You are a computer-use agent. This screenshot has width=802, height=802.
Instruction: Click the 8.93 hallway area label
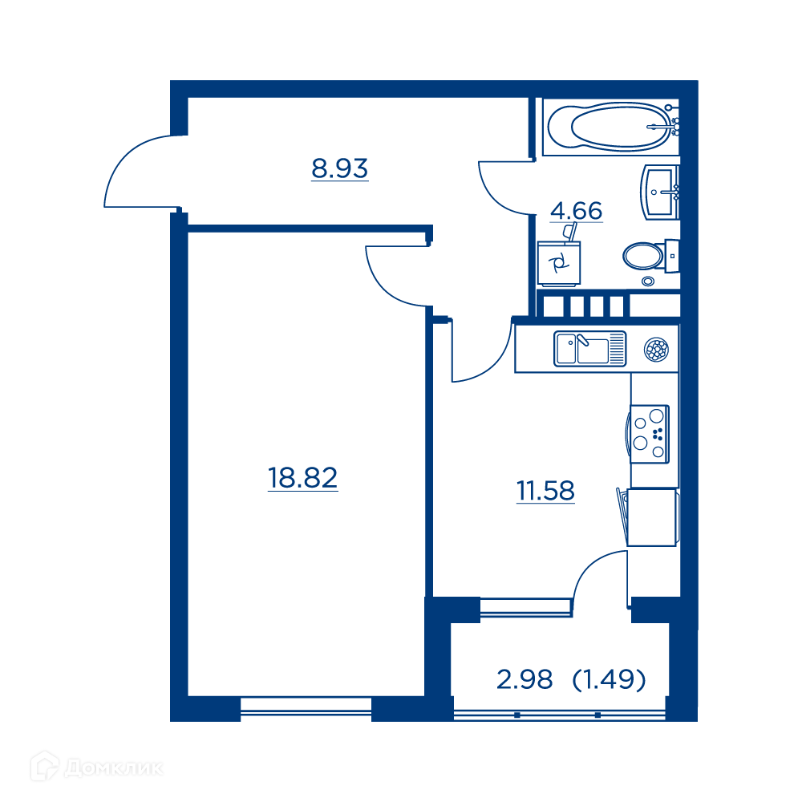(339, 168)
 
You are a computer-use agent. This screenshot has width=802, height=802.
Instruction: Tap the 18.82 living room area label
(303, 478)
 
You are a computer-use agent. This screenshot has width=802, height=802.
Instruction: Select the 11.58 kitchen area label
(545, 491)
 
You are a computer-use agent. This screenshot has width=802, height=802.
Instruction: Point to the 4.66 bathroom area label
(577, 211)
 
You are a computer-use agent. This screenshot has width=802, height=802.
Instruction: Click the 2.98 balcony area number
(525, 680)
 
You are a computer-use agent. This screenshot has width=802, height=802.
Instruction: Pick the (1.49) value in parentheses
(610, 680)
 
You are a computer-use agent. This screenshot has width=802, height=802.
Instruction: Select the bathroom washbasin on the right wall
(660, 192)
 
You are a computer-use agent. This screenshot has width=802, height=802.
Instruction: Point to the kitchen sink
(589, 349)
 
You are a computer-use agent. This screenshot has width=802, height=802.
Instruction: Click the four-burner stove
(649, 434)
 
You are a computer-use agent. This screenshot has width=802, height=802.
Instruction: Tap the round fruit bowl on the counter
(656, 350)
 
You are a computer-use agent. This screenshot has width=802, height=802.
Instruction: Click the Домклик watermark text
(114, 768)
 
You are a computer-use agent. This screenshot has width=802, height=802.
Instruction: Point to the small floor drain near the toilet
(648, 281)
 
